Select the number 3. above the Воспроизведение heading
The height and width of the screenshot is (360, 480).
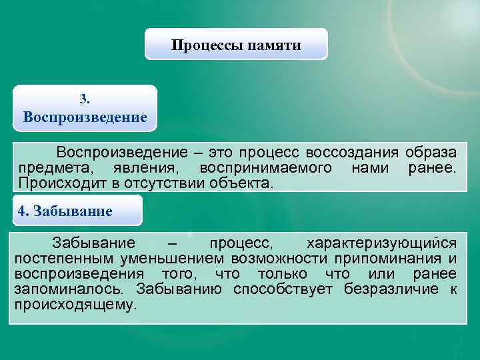point(85,99)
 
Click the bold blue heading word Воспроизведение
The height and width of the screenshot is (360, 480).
point(85,117)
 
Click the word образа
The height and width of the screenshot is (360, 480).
point(431,153)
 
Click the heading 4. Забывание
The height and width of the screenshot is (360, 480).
point(65,211)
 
